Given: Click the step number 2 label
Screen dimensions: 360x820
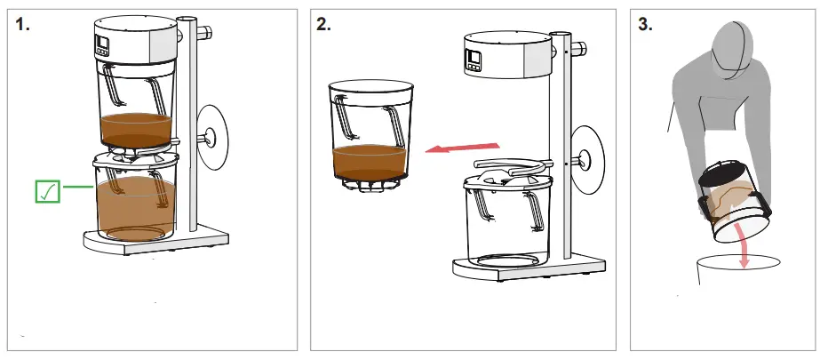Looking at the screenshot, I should [323, 26].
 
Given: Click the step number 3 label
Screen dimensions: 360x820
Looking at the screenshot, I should [646, 26].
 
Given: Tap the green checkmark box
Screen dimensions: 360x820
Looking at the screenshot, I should [47, 190].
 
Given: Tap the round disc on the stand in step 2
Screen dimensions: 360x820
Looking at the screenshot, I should [587, 157].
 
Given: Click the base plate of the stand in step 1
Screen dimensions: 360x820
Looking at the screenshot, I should [155, 242].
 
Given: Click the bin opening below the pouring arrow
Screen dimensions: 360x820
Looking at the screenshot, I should [737, 268].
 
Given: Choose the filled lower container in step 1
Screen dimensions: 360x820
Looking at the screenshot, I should [133, 200].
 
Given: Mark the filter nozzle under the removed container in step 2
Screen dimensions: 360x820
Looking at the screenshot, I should [370, 184].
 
